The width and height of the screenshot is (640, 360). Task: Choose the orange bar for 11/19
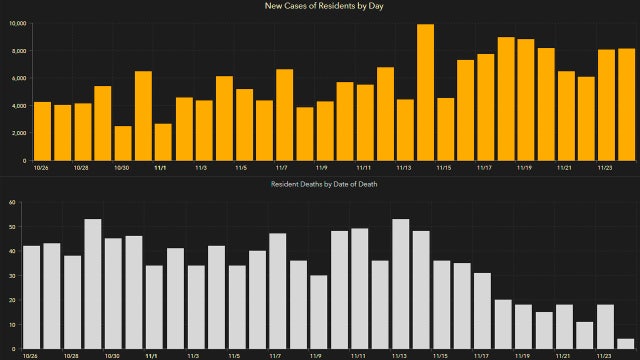(x=526, y=99)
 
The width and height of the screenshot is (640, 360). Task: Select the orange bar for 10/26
(x=42, y=131)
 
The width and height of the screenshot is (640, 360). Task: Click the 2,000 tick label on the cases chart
(x=16, y=133)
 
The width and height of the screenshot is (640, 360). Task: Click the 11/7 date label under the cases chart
(x=281, y=169)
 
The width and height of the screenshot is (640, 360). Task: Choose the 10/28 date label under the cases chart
(x=82, y=169)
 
